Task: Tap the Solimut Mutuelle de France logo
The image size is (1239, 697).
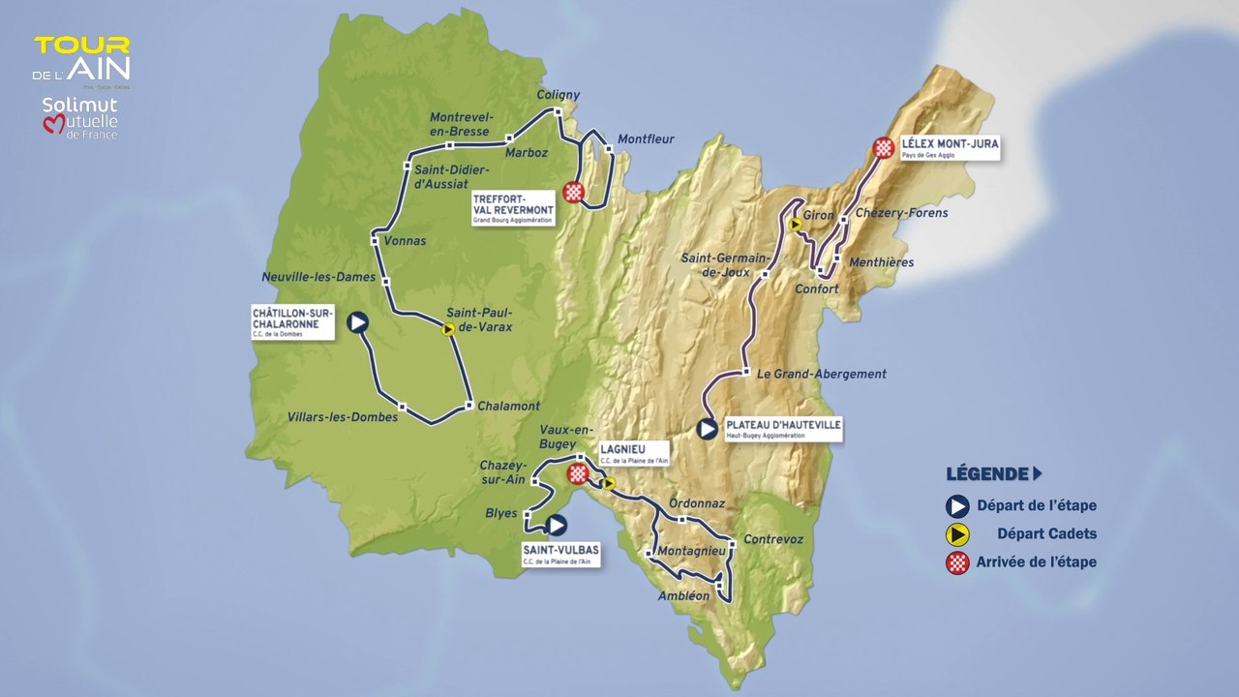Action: (x=79, y=118)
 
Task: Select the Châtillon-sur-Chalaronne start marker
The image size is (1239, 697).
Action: (x=358, y=322)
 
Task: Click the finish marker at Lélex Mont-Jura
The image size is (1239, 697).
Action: (x=883, y=147)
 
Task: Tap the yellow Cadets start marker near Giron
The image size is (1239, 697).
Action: (x=795, y=225)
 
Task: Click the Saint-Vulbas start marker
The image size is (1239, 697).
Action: (x=556, y=525)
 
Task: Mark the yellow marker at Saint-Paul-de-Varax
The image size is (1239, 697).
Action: (x=448, y=329)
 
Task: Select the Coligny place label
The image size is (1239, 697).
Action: (x=559, y=95)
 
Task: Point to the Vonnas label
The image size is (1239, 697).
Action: (x=405, y=241)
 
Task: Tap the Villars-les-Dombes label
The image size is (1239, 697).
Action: (x=343, y=417)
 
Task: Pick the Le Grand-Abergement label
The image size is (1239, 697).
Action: (x=822, y=374)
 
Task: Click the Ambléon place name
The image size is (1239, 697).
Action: (x=683, y=596)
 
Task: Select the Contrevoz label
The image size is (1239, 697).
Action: (x=773, y=539)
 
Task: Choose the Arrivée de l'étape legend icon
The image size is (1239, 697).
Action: (x=957, y=562)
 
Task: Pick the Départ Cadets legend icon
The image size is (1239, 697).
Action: (x=957, y=533)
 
